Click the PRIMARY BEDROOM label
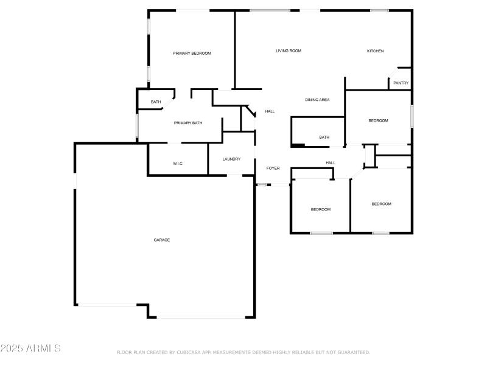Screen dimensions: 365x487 pos(192,54)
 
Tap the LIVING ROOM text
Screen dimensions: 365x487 pos(289,50)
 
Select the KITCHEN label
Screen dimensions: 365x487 pos(375,51)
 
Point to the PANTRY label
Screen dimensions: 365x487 pos(401,83)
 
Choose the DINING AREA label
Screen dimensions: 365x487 pos(317,100)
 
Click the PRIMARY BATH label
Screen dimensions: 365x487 pos(188,123)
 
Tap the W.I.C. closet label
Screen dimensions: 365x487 pos(178,163)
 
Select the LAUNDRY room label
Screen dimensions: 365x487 pos(231,159)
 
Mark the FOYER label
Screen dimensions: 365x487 pos(273,168)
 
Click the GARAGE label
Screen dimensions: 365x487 pos(161,240)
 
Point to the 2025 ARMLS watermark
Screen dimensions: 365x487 pos(30,349)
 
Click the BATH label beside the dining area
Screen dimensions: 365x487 pos(324,137)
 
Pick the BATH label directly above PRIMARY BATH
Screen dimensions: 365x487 pos(156,102)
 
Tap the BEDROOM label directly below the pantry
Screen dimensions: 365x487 pos(378,120)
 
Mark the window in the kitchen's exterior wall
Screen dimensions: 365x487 pos(379,10)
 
